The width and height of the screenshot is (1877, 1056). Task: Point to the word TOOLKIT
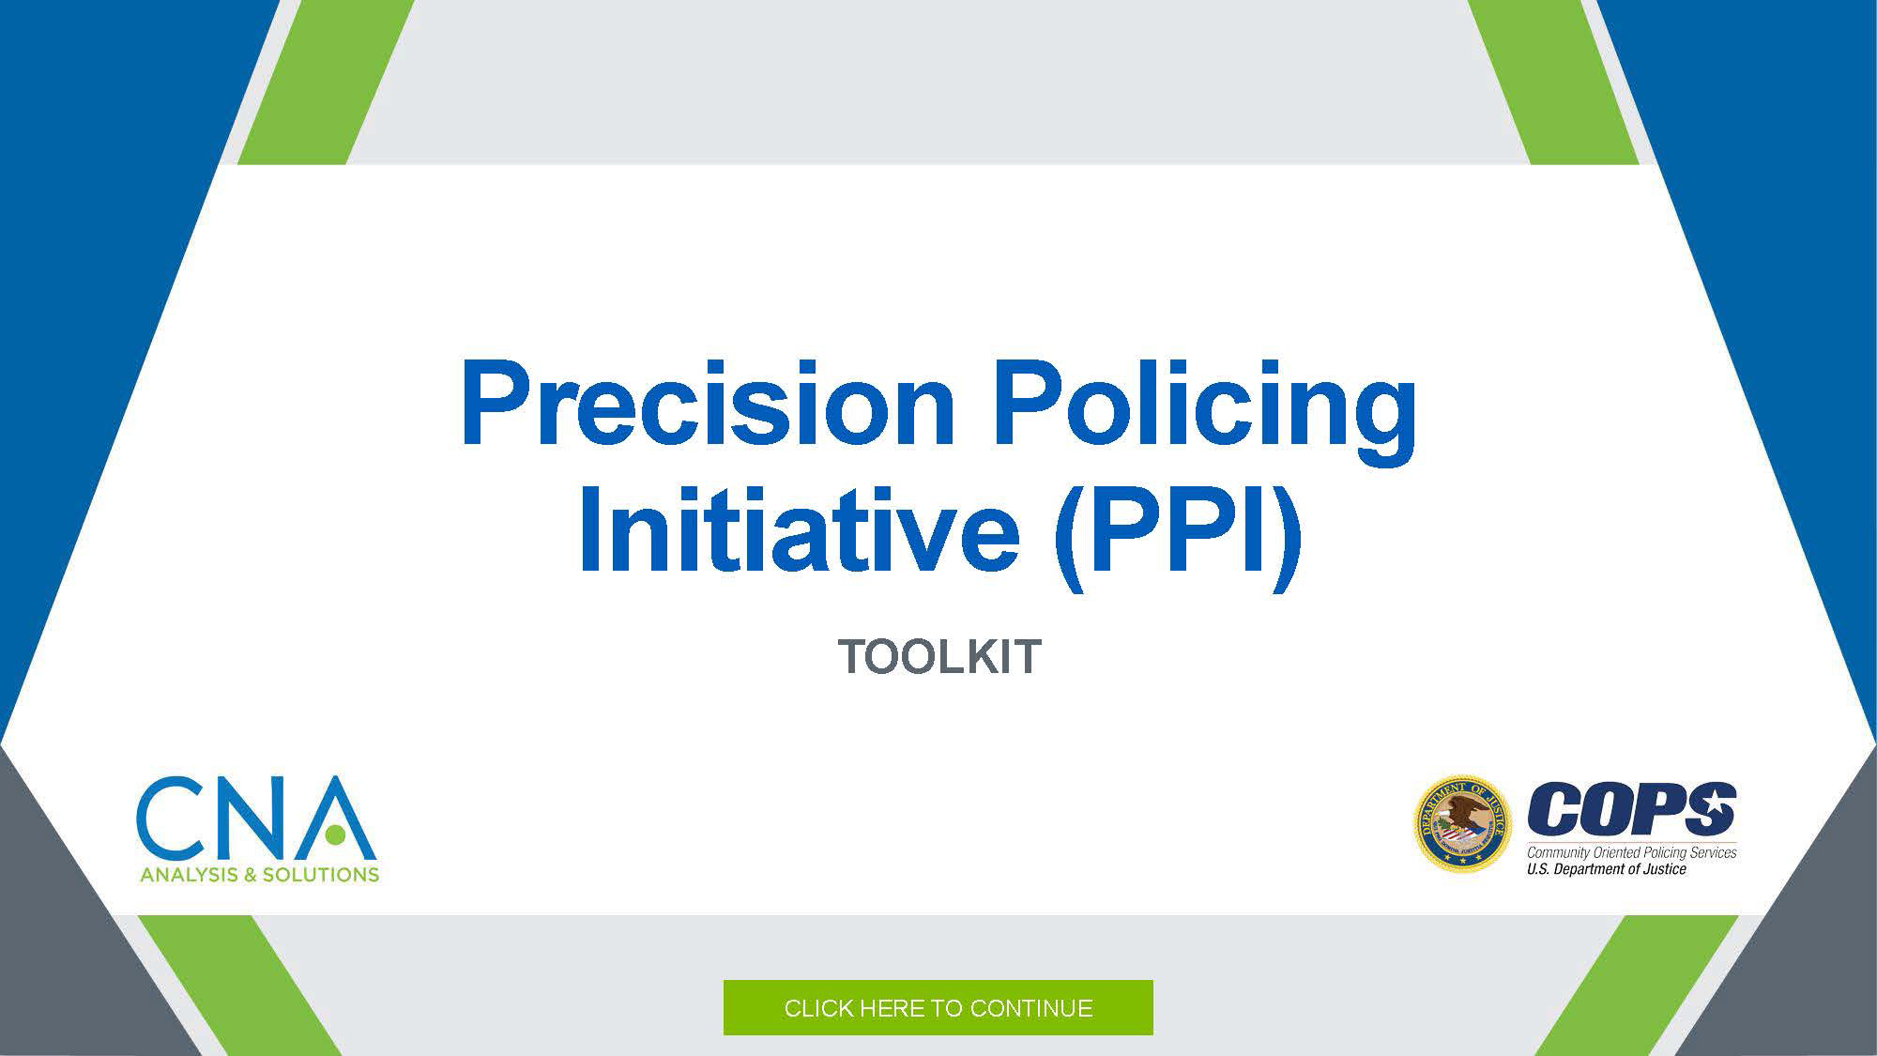coord(939,656)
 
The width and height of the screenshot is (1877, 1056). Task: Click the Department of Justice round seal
coord(1462,824)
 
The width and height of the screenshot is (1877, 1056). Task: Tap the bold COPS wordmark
coord(1632,809)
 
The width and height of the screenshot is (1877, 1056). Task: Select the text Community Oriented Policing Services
coord(1632,852)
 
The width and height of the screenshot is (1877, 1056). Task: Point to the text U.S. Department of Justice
coord(1607,869)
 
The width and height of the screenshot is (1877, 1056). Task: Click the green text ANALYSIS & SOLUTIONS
coord(259,875)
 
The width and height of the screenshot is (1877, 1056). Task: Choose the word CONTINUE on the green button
coord(1031,1008)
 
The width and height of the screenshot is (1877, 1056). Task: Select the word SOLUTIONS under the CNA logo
coord(322,875)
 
